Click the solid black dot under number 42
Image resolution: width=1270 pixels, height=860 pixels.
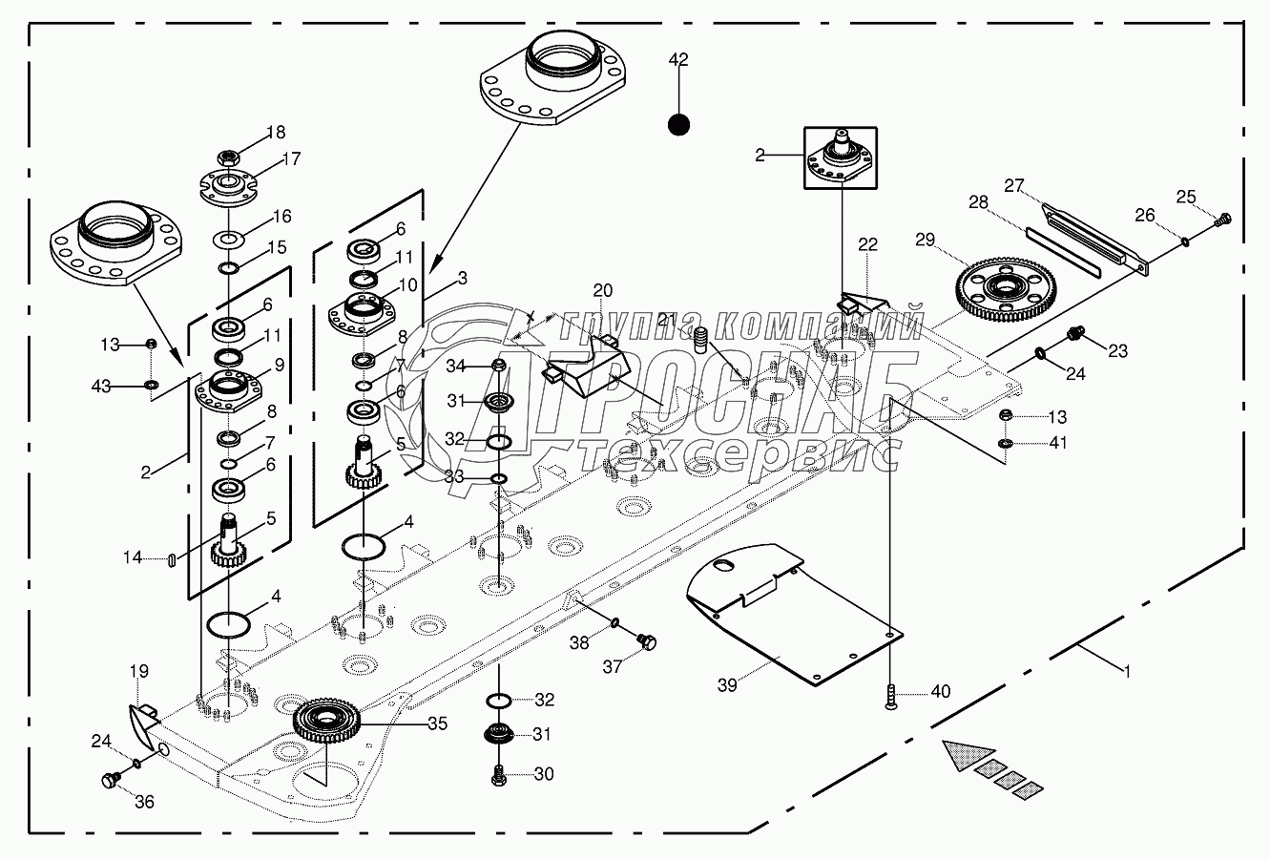(x=677, y=124)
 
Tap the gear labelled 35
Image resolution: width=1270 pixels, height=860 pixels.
(x=327, y=720)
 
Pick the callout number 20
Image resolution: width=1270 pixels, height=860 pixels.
(x=602, y=290)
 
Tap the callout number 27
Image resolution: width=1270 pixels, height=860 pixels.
(x=1013, y=184)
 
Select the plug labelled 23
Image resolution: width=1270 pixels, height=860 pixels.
(x=1073, y=334)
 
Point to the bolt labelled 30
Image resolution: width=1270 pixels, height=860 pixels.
(x=499, y=775)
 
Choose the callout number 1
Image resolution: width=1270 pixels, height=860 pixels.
(x=1127, y=671)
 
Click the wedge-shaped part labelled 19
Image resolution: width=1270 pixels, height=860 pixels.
(x=141, y=725)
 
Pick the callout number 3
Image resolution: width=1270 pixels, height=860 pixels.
(x=462, y=279)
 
